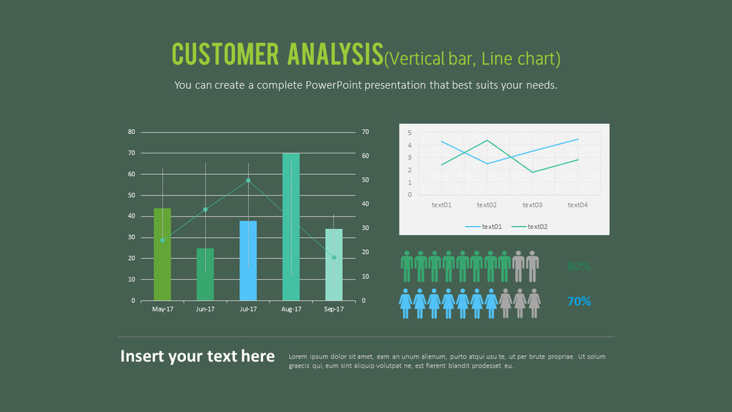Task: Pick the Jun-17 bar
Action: click(205, 274)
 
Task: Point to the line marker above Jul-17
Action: click(248, 180)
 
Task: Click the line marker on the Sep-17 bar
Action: click(333, 257)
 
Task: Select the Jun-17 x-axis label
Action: click(205, 309)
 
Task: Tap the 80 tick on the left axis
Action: click(132, 132)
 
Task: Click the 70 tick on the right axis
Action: click(365, 132)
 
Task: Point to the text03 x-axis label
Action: click(532, 205)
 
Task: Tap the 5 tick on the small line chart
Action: click(410, 133)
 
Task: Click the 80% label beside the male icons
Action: click(579, 267)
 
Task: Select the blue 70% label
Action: click(579, 302)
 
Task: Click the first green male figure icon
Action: click(407, 266)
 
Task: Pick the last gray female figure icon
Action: click(533, 303)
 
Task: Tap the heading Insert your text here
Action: click(197, 356)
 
